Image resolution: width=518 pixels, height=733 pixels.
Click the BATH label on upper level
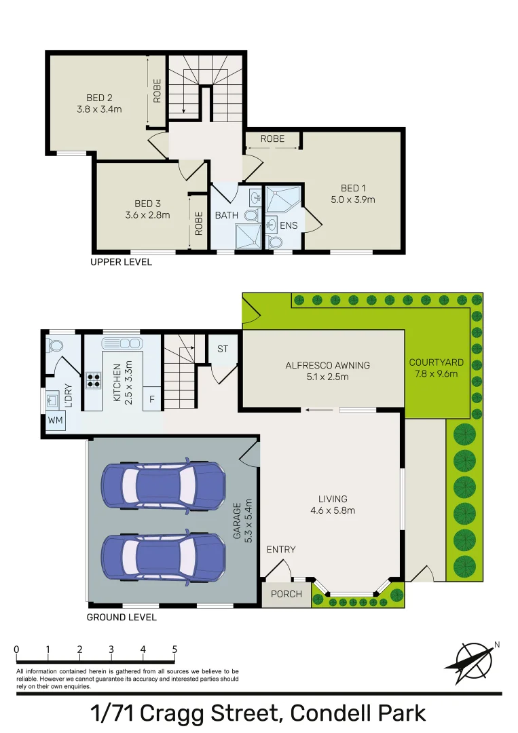(227, 215)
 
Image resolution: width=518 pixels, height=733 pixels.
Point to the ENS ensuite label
(289, 225)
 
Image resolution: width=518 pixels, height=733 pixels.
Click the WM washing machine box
(55, 421)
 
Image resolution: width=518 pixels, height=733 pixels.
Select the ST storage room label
(222, 349)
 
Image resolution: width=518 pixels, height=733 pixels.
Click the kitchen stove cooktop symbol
(92, 381)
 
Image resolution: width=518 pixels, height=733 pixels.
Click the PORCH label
(286, 594)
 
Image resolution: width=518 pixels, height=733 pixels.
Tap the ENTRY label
(280, 549)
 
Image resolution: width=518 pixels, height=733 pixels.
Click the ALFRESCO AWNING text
(327, 365)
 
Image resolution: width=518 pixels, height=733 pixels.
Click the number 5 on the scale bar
(174, 650)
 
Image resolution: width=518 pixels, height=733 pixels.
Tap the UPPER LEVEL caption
(122, 262)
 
